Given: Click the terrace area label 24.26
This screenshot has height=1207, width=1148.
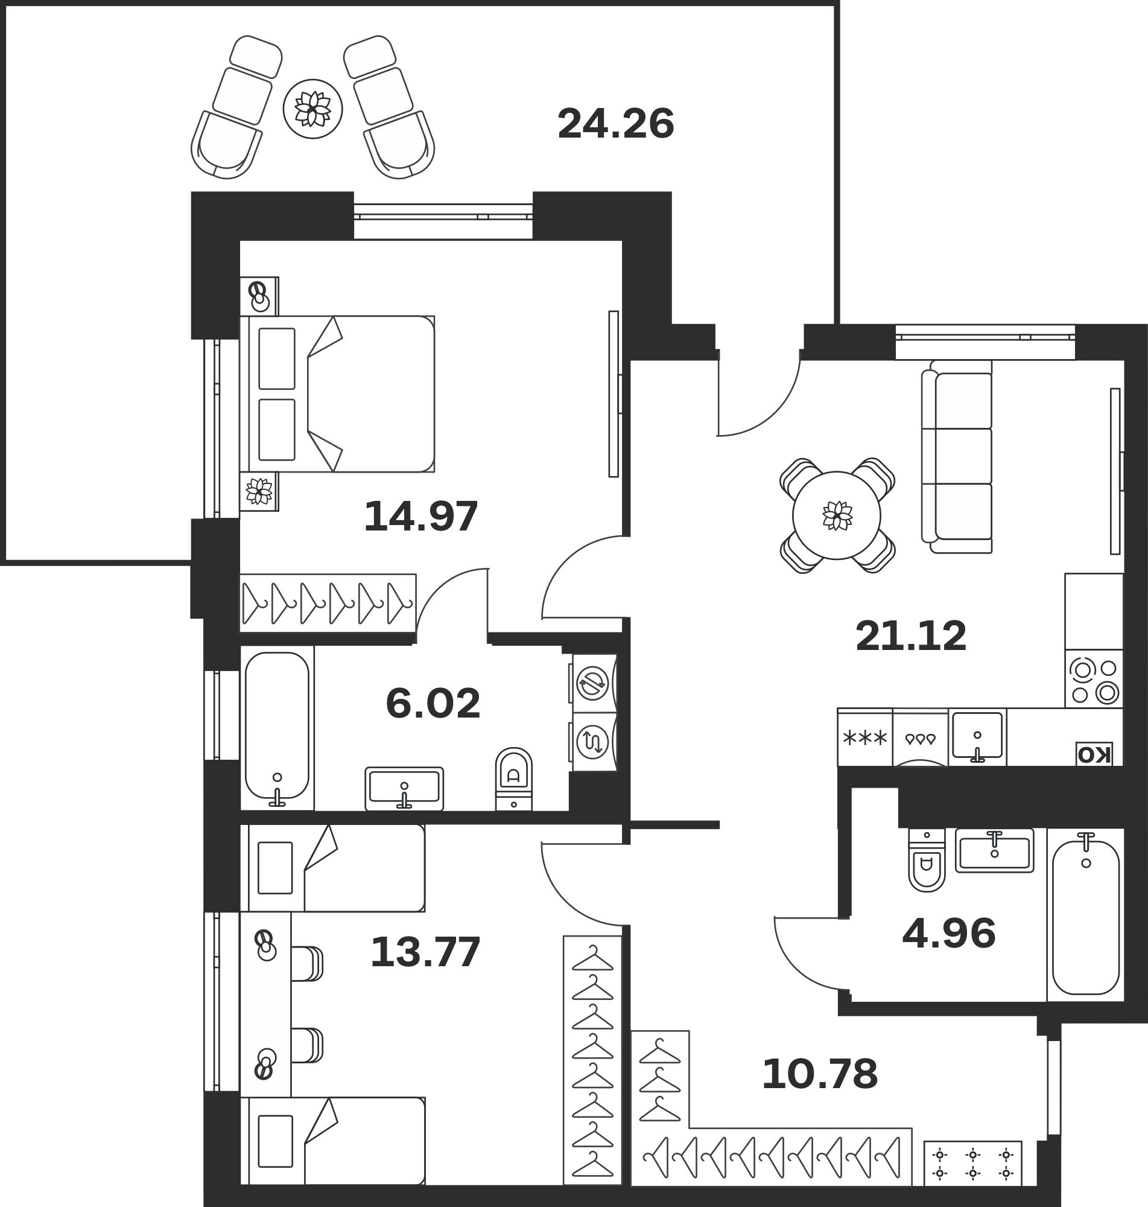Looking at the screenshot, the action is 615,124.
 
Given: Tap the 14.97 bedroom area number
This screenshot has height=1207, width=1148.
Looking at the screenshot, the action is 421,517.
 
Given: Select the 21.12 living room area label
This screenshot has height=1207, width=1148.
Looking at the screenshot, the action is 910,637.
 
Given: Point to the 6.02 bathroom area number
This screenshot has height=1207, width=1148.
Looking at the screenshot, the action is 433,704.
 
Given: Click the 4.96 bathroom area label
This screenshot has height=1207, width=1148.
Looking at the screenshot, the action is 949,934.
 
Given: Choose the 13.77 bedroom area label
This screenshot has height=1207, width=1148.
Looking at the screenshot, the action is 426,952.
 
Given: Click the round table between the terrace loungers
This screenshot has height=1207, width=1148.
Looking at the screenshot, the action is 312,109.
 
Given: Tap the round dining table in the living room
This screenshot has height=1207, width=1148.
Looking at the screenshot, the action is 837,515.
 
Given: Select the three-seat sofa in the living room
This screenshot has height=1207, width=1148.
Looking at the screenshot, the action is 956,457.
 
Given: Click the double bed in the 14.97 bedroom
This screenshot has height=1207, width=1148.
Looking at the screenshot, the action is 337,394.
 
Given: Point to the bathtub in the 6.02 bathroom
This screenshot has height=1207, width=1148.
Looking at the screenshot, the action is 277,728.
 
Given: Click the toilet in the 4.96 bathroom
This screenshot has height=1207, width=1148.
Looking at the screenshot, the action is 927,860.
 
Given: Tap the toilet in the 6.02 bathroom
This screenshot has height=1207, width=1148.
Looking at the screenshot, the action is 513,779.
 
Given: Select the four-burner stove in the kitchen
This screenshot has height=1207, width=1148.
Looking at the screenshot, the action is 1094,679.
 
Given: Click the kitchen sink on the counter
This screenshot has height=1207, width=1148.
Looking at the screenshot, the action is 977,737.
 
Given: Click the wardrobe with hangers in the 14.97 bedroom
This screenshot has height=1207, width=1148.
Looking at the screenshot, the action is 328,603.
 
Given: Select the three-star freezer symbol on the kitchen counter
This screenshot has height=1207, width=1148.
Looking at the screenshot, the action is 864,737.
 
